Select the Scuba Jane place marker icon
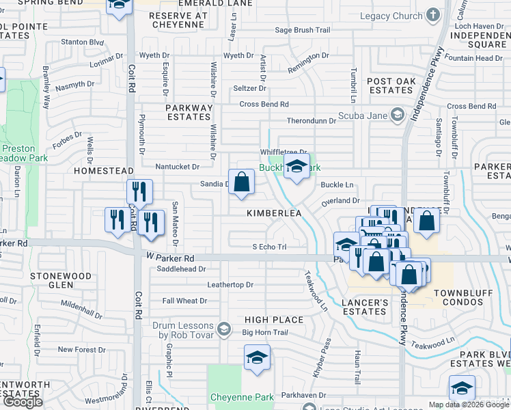point(398,115)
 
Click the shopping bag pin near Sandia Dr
point(241,182)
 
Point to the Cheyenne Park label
point(242,396)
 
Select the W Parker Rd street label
point(170,258)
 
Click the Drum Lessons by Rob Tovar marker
point(223,331)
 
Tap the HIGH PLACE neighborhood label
point(274,320)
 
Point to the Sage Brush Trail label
point(302,30)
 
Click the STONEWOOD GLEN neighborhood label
point(61,280)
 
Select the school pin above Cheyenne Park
point(257,358)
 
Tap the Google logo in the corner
point(22,402)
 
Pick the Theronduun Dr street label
point(312,121)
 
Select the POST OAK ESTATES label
point(391,85)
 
